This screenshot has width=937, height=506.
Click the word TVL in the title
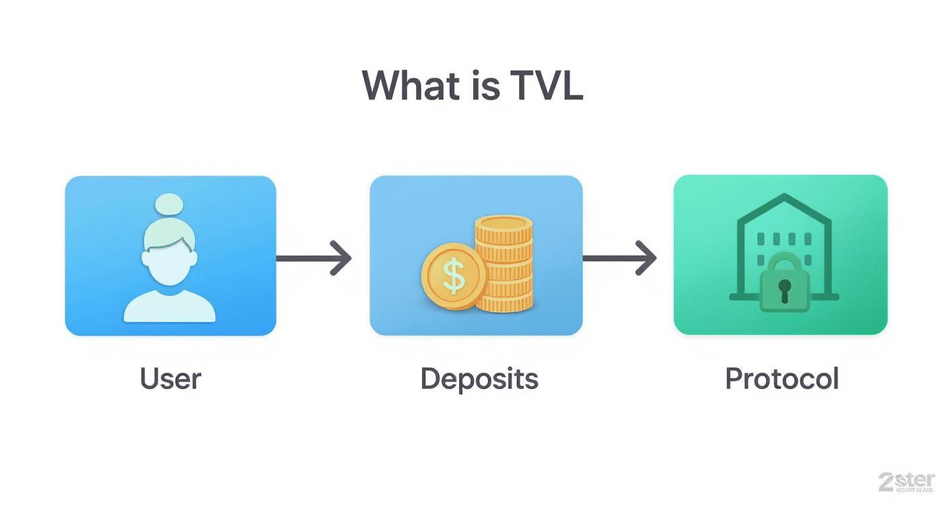(546, 85)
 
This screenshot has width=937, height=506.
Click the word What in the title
(404, 85)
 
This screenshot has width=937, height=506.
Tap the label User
(170, 378)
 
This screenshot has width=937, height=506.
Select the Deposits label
(479, 378)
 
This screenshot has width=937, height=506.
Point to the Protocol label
(782, 378)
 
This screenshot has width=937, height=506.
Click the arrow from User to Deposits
(314, 258)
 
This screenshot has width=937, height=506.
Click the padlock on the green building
(784, 286)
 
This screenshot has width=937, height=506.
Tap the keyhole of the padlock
(784, 289)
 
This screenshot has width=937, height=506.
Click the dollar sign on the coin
(454, 276)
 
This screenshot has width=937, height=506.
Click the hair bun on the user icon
(170, 205)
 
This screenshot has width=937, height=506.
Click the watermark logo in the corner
(905, 482)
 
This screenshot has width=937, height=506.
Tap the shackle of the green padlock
(784, 261)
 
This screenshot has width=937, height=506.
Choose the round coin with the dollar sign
(454, 276)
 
